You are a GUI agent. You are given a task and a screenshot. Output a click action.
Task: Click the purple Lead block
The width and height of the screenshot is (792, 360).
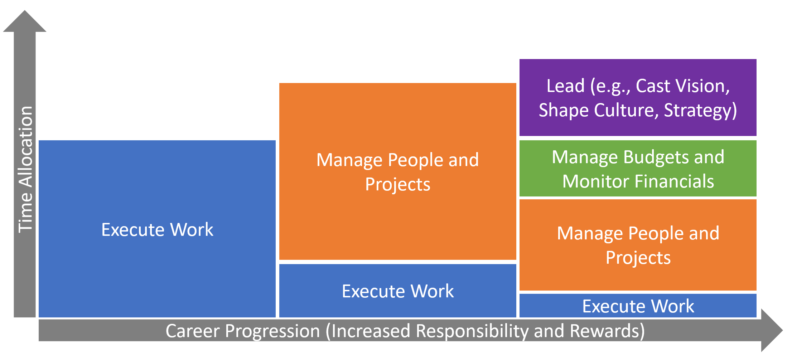pos(638,97)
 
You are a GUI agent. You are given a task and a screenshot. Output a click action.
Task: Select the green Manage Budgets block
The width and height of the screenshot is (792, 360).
pos(638,168)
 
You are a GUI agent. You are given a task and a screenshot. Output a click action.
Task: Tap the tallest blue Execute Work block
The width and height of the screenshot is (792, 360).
pos(157,229)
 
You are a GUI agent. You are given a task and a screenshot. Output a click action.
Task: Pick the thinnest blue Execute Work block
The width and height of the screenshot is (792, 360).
pos(638,306)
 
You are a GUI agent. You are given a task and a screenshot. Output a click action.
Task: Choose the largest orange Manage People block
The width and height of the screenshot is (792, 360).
pos(397,171)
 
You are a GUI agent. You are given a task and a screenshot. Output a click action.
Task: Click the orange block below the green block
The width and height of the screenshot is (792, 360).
pos(638,245)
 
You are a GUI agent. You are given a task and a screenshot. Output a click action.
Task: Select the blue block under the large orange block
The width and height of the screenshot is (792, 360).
pos(397,291)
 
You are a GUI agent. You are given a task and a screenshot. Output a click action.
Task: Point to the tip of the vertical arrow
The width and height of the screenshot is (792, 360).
pos(25,10)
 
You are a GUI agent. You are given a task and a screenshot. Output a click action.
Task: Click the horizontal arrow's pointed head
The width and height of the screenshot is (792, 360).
pos(783,330)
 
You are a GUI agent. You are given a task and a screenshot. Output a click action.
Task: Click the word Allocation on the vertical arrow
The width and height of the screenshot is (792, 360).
pos(26,147)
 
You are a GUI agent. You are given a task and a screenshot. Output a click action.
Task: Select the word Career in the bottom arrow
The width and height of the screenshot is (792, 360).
pos(192,331)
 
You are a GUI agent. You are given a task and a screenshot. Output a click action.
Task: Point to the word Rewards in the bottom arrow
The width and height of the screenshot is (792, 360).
pos(607,331)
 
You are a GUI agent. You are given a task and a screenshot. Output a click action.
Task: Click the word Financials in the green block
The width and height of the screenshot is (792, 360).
pos(674,181)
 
